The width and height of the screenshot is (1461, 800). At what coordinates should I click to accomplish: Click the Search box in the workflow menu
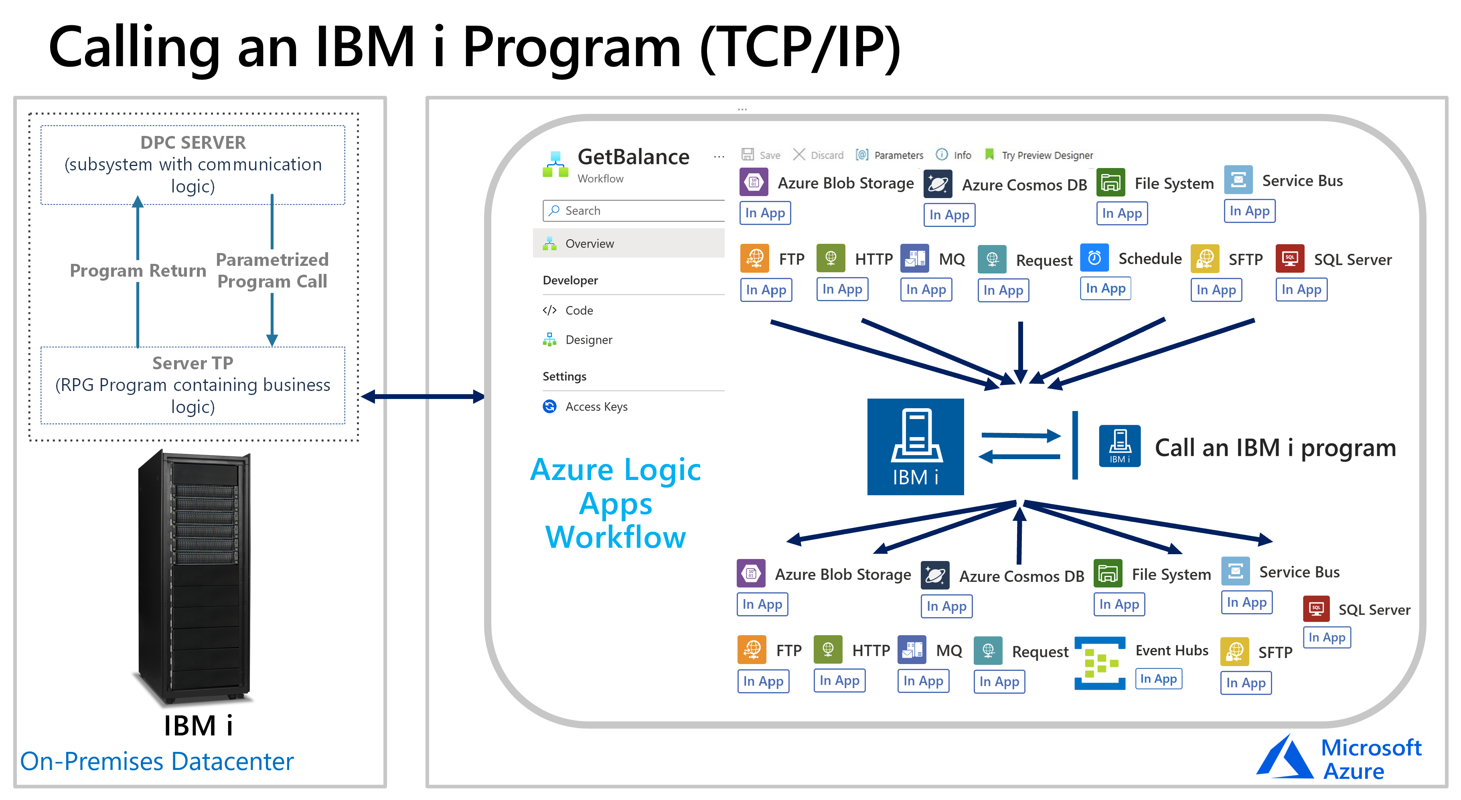pos(633,211)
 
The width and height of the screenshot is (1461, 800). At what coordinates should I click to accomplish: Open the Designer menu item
pos(588,340)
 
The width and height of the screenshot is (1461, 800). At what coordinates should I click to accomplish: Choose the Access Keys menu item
pos(596,407)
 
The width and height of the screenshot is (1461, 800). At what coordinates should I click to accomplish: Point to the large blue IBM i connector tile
pos(915,447)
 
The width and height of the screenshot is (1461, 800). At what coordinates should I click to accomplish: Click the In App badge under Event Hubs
pos(1158,678)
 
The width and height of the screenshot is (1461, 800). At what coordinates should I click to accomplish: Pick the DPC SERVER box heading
pos(193,143)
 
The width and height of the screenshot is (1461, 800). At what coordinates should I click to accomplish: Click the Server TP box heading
pos(193,363)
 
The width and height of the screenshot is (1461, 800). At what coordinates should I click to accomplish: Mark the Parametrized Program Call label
pos(272,270)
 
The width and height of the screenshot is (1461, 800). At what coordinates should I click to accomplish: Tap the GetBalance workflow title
pos(633,157)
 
